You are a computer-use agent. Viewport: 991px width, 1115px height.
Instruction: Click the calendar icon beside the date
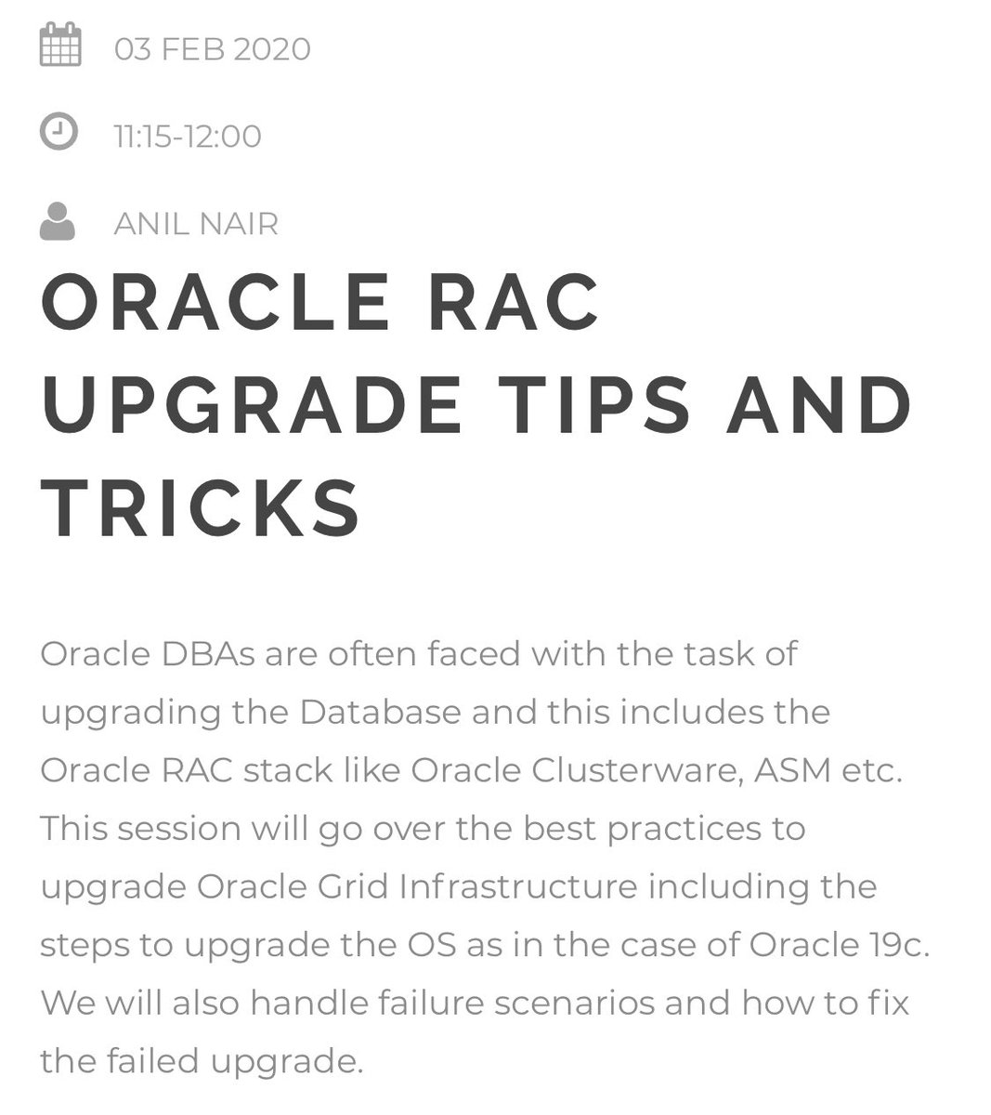(x=60, y=46)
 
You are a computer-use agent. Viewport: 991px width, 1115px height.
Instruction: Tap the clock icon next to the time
(x=59, y=133)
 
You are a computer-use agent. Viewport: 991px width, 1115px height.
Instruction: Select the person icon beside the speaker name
(x=58, y=221)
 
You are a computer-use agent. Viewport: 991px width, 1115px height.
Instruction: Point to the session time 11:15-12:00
(x=188, y=137)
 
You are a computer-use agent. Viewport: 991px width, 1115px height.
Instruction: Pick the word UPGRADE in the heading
(x=252, y=405)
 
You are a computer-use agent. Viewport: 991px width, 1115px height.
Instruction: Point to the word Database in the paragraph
(x=380, y=712)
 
